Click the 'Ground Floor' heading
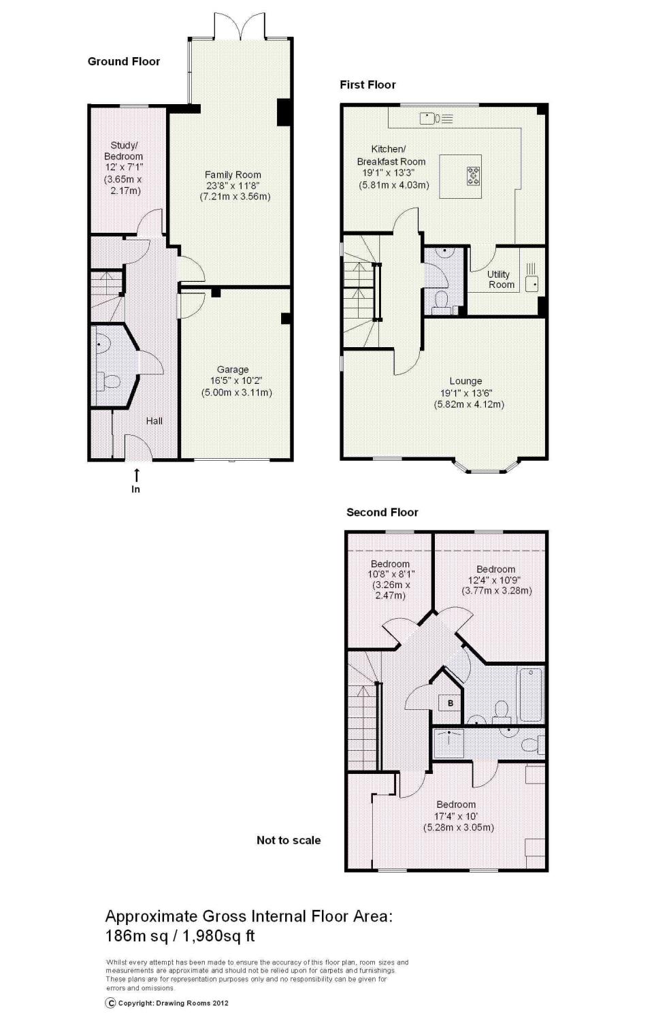coord(123,61)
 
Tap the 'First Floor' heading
coord(367,85)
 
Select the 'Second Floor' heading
coord(382,513)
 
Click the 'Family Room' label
coord(233,174)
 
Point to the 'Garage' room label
coord(233,370)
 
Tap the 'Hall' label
coord(154,421)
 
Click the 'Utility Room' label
coord(500,279)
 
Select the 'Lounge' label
coord(465,381)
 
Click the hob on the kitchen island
coord(474,176)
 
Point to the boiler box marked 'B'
coord(451,703)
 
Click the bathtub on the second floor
coord(530,695)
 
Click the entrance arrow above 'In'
coord(136,474)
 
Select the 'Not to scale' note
coord(289,840)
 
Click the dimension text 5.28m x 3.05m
coord(459,827)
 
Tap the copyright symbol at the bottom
coord(110,1003)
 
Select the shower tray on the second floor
coord(449,743)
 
